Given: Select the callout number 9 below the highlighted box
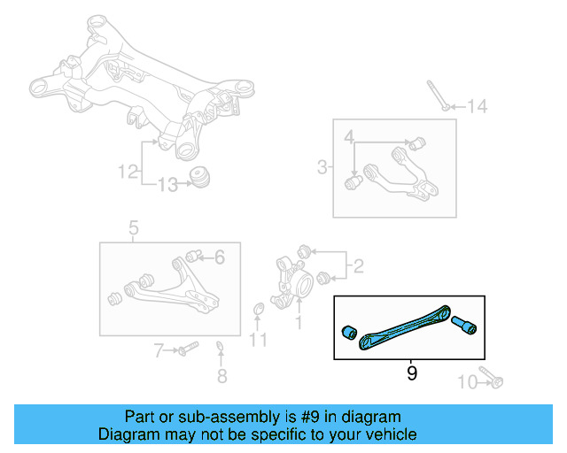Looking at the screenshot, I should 411,373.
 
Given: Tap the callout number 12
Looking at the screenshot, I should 129,169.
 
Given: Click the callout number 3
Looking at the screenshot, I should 322,165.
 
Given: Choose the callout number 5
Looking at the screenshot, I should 133,230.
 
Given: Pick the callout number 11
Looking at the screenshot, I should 257,339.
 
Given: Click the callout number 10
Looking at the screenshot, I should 466,382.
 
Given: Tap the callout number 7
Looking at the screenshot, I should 159,351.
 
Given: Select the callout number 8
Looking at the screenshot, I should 221,376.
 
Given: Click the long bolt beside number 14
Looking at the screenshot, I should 437,95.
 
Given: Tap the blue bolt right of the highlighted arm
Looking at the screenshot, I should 467,326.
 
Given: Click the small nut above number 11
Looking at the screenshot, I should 259,309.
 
